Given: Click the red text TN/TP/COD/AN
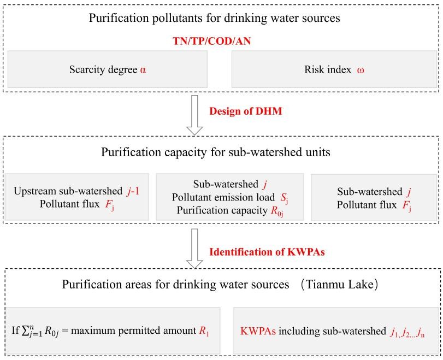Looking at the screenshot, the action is point(211,42).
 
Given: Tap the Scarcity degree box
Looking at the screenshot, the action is point(108,69).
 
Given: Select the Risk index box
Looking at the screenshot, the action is point(334,69).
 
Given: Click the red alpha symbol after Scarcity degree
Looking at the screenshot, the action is point(143,70).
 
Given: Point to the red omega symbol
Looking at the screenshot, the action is point(360,70).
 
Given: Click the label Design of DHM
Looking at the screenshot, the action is point(245,111).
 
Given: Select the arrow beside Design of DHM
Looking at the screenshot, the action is point(194,115).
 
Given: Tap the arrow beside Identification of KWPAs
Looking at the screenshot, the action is point(194,249).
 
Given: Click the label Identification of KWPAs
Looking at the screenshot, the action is point(267,251).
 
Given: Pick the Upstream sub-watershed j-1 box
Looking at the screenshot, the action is point(77,197).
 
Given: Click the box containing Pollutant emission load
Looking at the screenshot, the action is point(230,197).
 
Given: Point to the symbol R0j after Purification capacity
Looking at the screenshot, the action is point(277,211).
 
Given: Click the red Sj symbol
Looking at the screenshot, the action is point(284,198).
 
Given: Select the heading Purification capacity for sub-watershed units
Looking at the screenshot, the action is point(216,152).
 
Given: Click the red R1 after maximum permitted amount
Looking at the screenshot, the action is point(204,331).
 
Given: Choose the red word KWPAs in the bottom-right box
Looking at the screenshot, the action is point(258,331).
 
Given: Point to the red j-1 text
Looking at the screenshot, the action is point(133,191).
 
